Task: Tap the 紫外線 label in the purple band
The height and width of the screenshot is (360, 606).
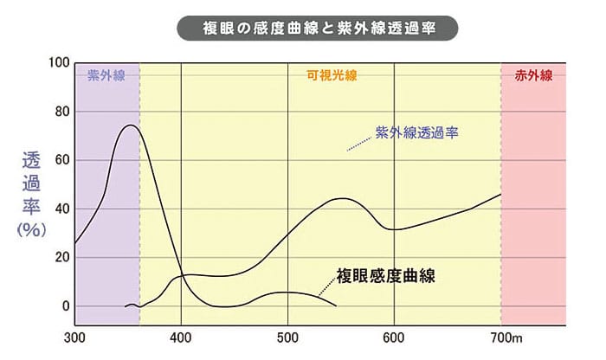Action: pyautogui.click(x=106, y=75)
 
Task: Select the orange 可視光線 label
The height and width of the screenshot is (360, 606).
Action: pyautogui.click(x=331, y=75)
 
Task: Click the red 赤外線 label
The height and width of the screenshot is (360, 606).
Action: pyautogui.click(x=533, y=75)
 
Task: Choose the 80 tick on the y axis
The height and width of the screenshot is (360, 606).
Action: pyautogui.click(x=59, y=112)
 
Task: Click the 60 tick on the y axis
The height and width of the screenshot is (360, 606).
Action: pyautogui.click(x=59, y=160)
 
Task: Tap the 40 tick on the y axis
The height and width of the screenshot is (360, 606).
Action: pyautogui.click(x=59, y=209)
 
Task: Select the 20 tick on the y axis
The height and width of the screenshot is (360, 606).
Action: pyautogui.click(x=59, y=257)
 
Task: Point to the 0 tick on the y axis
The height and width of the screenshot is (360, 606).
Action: pyautogui.click(x=62, y=305)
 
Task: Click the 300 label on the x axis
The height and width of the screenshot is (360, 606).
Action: pyautogui.click(x=74, y=337)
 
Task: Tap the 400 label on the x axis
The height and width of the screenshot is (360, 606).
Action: pyautogui.click(x=181, y=337)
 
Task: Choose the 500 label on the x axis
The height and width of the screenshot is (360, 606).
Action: pyautogui.click(x=287, y=337)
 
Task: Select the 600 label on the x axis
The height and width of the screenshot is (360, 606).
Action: pyautogui.click(x=394, y=337)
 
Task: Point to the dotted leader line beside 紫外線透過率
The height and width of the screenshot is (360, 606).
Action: pyautogui.click(x=358, y=144)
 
